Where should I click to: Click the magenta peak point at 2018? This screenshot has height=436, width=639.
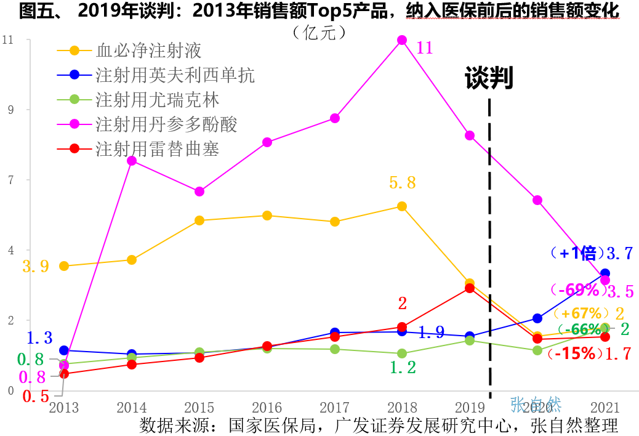tap(402, 40)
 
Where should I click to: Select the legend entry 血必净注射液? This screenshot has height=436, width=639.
tap(148, 50)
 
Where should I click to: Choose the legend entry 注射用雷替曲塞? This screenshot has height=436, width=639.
tap(157, 148)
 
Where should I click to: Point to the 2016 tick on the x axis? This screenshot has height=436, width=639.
tap(267, 408)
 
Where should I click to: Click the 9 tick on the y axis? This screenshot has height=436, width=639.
tap(10, 110)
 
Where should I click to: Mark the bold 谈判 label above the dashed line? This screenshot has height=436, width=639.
tap(489, 78)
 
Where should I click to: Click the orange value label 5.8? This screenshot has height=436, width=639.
tap(403, 182)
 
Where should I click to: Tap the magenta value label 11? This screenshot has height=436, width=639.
tap(425, 47)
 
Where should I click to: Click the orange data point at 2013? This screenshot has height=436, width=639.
tap(64, 266)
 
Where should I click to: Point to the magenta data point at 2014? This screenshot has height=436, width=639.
tap(132, 161)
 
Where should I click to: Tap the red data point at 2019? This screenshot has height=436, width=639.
tap(470, 288)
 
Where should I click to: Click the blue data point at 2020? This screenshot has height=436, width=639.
tap(537, 318)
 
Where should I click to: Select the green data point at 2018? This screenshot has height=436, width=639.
tap(402, 353)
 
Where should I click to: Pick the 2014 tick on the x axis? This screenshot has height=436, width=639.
tap(132, 408)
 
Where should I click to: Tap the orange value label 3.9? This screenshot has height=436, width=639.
tap(36, 267)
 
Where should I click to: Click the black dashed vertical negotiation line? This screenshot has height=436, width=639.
tap(490, 246)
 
